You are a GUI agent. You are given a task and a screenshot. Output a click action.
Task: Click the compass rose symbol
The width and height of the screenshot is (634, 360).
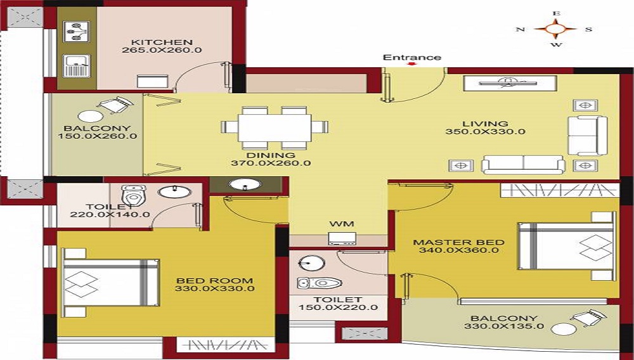[x=555, y=29]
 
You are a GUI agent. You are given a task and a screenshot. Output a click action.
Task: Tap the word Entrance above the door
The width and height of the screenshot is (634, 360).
[x=411, y=58]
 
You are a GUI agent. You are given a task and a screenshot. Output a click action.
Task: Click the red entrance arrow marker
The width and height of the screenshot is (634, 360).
[x=412, y=64]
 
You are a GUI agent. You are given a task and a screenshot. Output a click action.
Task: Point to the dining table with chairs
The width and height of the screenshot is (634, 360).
[x=276, y=126]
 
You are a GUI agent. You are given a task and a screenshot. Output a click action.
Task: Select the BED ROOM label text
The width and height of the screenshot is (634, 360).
[x=214, y=281]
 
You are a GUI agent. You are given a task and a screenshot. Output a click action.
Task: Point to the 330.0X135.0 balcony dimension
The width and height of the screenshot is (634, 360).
[x=504, y=327]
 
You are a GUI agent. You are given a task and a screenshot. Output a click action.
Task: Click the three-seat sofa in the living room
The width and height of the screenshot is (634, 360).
[x=524, y=165]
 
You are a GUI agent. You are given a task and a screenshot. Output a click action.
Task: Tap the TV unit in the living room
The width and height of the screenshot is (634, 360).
[x=510, y=83]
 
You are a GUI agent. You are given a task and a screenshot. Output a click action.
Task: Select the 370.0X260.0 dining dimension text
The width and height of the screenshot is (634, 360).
[x=271, y=163]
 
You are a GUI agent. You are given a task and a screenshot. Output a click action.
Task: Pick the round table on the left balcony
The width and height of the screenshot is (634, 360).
[x=89, y=117]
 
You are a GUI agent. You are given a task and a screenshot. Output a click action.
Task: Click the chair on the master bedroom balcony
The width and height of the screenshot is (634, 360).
[x=588, y=317]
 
